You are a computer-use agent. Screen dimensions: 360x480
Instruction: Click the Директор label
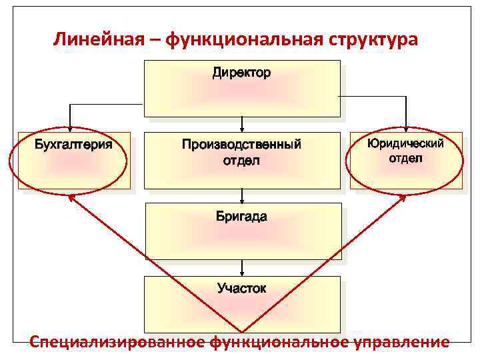pyautogui.click(x=241, y=73)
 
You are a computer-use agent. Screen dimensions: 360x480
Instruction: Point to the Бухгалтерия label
pyautogui.click(x=73, y=144)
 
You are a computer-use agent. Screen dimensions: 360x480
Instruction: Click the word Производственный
pyautogui.click(x=241, y=144)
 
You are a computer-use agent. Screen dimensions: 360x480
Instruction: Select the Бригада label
pyautogui.click(x=241, y=217)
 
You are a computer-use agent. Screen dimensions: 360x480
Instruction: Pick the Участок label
pyautogui.click(x=241, y=288)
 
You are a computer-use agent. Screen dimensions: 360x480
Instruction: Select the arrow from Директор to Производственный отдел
pyautogui.click(x=242, y=123)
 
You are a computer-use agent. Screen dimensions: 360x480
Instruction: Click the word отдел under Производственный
pyautogui.click(x=241, y=161)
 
